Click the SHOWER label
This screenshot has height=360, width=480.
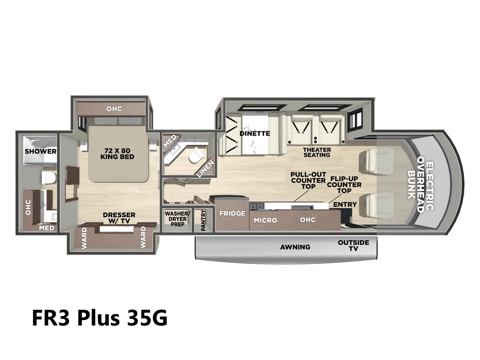point(40,151)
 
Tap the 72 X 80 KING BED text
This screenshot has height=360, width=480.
point(117,154)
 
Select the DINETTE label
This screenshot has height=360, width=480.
point(255,133)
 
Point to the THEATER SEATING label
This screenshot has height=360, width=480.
point(317,152)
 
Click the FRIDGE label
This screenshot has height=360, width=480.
point(232,213)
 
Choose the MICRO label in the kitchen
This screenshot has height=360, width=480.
point(265,220)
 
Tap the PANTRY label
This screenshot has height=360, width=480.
point(203,220)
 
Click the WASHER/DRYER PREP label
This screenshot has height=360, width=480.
point(177,219)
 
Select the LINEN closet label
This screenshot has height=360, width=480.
point(205,169)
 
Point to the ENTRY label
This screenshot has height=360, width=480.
point(345,204)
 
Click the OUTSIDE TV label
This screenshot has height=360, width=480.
point(353,245)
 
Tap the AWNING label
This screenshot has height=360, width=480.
point(295,247)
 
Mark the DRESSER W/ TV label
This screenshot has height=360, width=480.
point(119,218)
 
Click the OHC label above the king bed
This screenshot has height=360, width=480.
point(114,109)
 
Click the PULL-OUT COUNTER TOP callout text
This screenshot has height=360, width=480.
point(308,181)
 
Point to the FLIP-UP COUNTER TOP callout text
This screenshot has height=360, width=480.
point(344,185)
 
